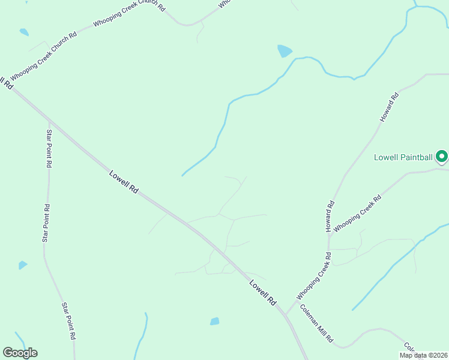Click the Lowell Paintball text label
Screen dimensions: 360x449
[403, 158]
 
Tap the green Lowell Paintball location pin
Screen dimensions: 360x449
[442, 157]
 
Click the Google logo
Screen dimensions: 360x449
[20, 353]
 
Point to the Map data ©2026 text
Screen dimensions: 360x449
[423, 355]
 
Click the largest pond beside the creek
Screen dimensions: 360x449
[284, 51]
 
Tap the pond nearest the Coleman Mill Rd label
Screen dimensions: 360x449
[214, 322]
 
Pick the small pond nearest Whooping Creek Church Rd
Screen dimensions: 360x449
[23, 32]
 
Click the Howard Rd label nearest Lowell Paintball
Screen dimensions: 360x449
[389, 108]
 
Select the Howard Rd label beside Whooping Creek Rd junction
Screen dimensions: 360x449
[330, 217]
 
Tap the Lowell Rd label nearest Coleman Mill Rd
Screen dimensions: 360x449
[262, 292]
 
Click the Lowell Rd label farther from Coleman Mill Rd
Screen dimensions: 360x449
[124, 182]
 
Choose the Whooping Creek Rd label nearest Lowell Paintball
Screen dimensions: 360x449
[358, 213]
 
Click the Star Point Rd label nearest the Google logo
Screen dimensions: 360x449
[68, 322]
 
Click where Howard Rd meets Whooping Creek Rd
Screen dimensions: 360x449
[329, 236]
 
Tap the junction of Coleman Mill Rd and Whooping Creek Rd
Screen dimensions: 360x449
[286, 313]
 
